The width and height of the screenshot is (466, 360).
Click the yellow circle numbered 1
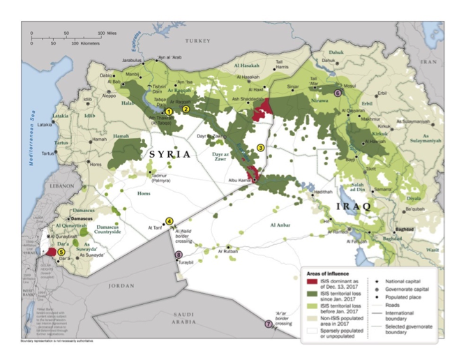click(x=168, y=111)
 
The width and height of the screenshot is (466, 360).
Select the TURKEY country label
click(x=197, y=41)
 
